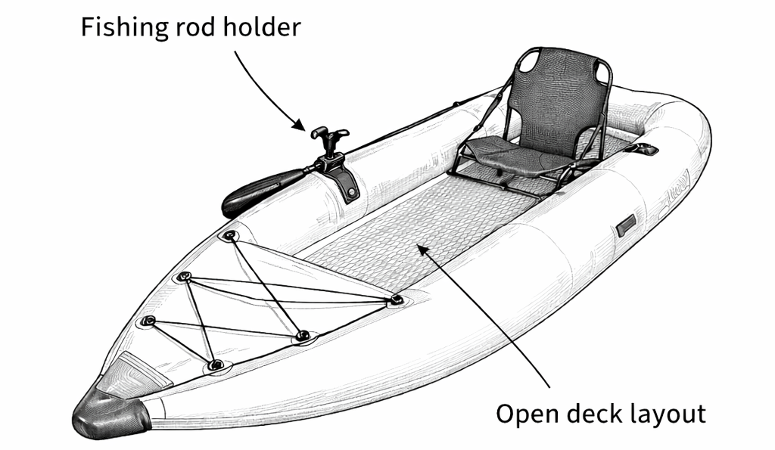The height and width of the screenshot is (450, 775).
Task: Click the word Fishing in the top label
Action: pyautogui.click(x=124, y=28)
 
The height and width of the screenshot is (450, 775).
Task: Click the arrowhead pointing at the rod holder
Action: pyautogui.click(x=300, y=125)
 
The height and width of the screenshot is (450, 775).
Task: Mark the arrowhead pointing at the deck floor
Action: pyautogui.click(x=423, y=249)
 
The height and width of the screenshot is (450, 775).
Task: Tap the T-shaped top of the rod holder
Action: pyautogui.click(x=329, y=134)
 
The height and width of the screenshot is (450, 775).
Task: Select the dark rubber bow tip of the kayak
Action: pyautogui.click(x=110, y=414)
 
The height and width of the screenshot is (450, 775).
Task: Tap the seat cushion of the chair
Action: pyautogui.click(x=509, y=155)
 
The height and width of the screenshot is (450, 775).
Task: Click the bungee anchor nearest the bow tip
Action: pyautogui.click(x=216, y=365)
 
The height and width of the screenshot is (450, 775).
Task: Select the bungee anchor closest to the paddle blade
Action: pyautogui.click(x=229, y=236)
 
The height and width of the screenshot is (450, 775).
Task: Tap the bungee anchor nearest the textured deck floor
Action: pyautogui.click(x=395, y=299)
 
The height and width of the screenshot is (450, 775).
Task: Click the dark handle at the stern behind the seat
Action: pyautogui.click(x=644, y=147)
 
